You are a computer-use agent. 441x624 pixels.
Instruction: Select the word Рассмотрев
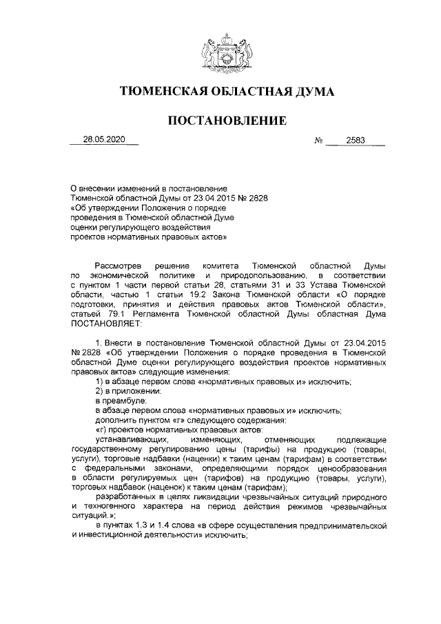pyautogui.click(x=119, y=265)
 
